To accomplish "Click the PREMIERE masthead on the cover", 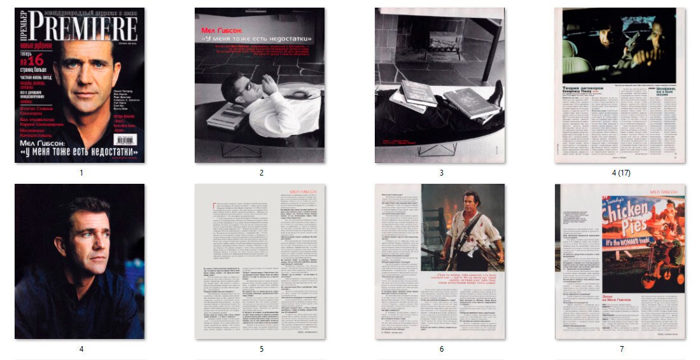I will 83,29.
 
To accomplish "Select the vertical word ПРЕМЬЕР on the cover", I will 20,29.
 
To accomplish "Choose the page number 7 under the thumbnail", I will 621,349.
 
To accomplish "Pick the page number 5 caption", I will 261,349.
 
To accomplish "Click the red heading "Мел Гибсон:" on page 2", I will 217,30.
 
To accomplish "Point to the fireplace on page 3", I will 444,45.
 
